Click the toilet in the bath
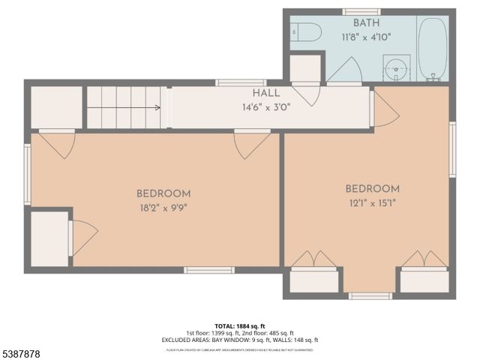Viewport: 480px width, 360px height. [306, 32]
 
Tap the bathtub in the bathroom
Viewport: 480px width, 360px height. [433, 49]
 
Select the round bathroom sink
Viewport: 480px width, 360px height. [395, 69]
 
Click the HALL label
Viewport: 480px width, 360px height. [266, 93]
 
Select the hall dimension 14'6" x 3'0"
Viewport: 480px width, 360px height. [266, 106]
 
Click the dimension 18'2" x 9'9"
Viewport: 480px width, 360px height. [163, 208]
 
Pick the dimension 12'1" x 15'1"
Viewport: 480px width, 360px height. [372, 202]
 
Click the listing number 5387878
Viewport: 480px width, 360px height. [22, 353]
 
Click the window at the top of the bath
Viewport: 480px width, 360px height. [361, 12]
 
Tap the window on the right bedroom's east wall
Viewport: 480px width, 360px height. [452, 149]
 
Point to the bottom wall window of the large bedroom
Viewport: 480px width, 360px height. [209, 270]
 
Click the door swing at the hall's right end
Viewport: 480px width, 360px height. [384, 109]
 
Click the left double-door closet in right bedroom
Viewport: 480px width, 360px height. [313, 279]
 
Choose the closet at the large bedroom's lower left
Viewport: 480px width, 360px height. [50, 238]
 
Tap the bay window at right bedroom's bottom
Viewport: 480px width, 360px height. [370, 295]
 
